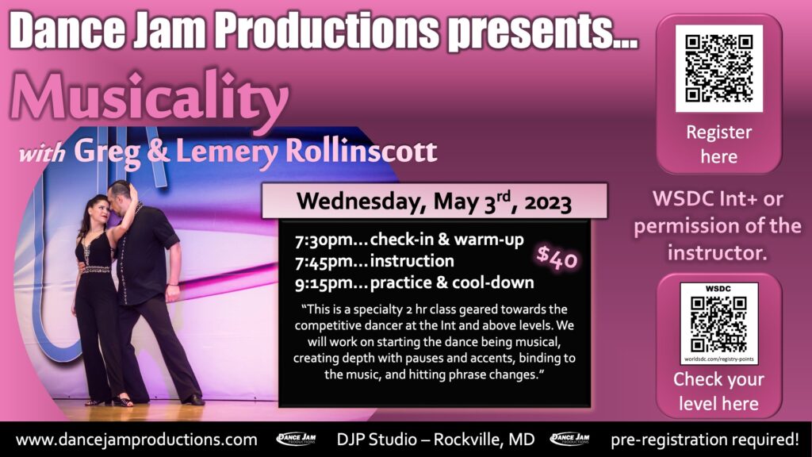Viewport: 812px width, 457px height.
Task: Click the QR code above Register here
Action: pos(718,68)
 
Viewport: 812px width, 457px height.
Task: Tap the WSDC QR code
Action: pos(718,325)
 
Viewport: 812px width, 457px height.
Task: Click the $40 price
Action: pos(557,258)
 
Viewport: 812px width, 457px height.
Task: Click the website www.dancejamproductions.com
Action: pos(136,440)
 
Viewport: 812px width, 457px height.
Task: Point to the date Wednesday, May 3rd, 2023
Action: pos(434,201)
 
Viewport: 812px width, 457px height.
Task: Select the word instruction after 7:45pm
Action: pos(412,260)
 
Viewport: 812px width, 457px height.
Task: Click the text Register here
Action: pos(718,144)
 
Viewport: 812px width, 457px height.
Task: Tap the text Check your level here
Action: pos(718,391)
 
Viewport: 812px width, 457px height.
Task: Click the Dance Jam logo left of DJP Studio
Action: pos(297,440)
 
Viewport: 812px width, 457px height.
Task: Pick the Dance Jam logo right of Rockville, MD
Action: pos(569,440)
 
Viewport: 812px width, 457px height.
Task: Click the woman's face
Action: pos(101,213)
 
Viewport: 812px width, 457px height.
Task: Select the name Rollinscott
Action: pos(361,152)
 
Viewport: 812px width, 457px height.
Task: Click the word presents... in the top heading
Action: pos(542,32)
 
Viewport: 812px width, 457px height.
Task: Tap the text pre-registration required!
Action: pos(705,440)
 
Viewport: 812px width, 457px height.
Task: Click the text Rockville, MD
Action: pos(484,440)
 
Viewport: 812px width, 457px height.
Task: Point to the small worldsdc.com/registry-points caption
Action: pos(718,359)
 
